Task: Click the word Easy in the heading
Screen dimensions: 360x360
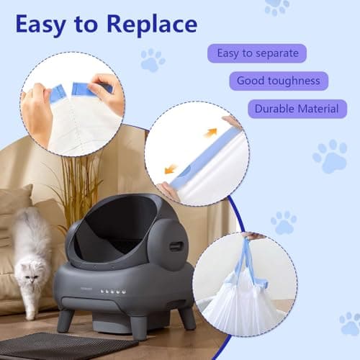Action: click(x=45, y=26)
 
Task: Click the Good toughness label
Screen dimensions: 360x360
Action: click(x=278, y=81)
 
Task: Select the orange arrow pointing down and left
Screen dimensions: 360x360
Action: click(x=171, y=170)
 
